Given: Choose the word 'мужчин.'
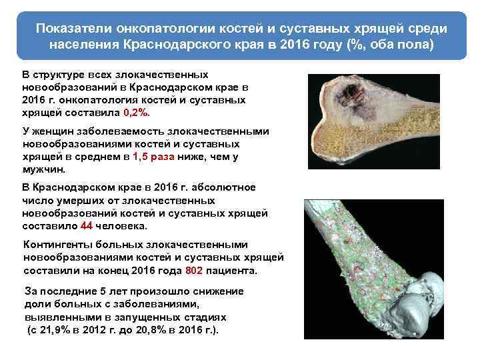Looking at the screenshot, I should point(43,169).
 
